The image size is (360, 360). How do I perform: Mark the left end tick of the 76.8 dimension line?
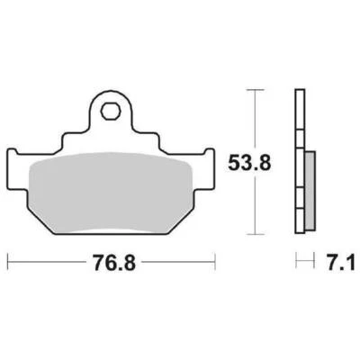click(x=8, y=262)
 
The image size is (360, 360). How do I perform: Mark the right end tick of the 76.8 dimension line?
click(x=215, y=262)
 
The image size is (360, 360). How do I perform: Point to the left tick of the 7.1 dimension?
click(x=297, y=262)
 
